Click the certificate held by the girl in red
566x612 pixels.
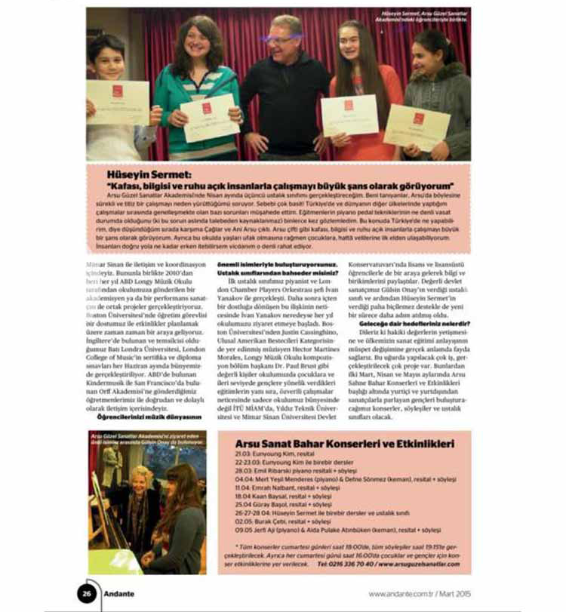(x=349, y=113)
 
